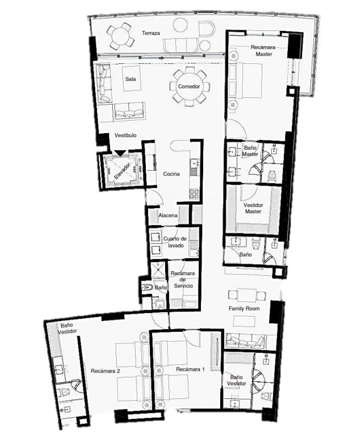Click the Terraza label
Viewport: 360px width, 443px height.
click(151, 34)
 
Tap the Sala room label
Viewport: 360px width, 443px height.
click(130, 79)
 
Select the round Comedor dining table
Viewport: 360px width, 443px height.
click(188, 87)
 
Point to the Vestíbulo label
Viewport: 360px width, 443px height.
click(126, 135)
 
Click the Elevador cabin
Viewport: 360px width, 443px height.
click(121, 171)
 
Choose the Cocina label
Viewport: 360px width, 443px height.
click(171, 174)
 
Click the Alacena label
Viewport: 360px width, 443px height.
click(168, 216)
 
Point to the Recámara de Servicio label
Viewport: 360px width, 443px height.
click(183, 280)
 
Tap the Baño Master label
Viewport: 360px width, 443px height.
click(250, 151)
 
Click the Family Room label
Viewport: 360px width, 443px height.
click(244, 309)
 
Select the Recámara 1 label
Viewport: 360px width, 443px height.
click(190, 369)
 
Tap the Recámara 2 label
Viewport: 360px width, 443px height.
click(106, 371)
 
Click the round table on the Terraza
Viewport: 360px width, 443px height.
click(120, 36)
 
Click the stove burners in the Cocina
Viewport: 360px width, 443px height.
click(194, 194)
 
